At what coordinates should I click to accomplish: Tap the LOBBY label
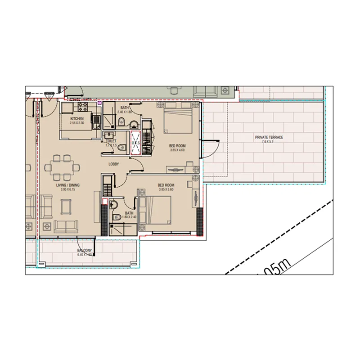[x=113, y=164]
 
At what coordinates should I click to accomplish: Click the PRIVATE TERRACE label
[x=269, y=137]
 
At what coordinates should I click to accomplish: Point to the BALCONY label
[x=85, y=250]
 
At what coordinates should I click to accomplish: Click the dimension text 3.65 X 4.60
[x=177, y=150]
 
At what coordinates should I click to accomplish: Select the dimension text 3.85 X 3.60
[x=166, y=189]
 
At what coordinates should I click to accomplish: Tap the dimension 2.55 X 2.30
[x=77, y=123]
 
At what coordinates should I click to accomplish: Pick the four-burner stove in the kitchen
[x=83, y=107]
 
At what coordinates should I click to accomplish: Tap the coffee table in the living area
[x=66, y=207]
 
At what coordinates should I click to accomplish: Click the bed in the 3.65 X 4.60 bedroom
[x=178, y=119]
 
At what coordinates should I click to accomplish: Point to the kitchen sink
[x=96, y=120]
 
